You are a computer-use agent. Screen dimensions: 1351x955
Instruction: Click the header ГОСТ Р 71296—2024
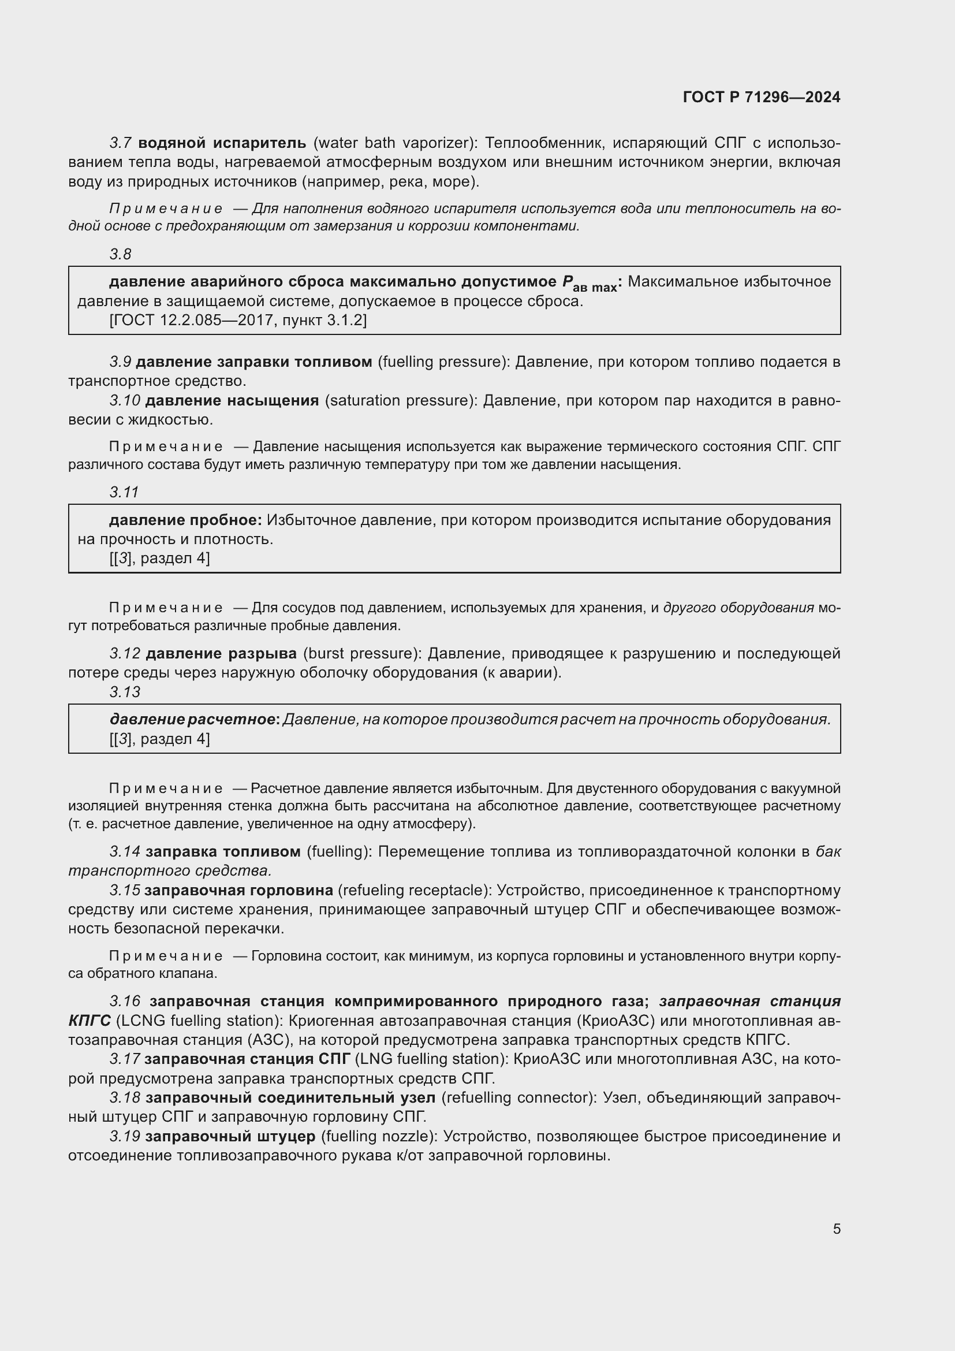point(762,98)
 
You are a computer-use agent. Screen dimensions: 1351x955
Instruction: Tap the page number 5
point(836,1229)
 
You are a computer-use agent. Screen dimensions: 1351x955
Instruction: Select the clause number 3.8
point(120,254)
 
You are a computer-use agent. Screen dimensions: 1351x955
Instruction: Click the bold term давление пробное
point(185,520)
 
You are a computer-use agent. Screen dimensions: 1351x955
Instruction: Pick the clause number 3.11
point(124,492)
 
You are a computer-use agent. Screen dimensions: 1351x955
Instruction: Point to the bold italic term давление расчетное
point(192,719)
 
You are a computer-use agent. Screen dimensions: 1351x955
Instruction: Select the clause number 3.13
point(125,692)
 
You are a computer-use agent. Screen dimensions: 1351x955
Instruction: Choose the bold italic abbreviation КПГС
point(89,1020)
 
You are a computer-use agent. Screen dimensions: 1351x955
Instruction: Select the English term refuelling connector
point(517,1098)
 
